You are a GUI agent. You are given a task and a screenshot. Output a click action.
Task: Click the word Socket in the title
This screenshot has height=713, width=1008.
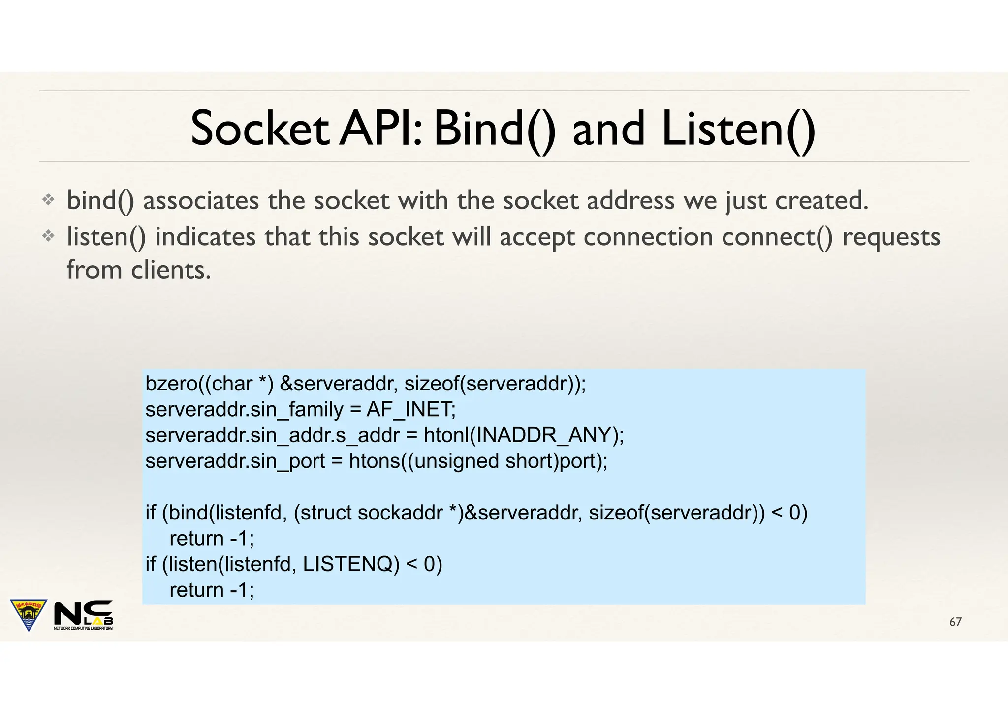(x=259, y=129)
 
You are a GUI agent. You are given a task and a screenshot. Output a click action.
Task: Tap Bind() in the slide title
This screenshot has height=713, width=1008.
(x=495, y=129)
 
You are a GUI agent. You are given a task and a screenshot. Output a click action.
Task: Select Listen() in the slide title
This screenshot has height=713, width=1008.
(x=738, y=129)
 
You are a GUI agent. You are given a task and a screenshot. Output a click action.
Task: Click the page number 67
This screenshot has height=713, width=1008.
(x=955, y=622)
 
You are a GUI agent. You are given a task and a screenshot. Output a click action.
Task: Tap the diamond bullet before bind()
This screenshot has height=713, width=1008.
(x=48, y=200)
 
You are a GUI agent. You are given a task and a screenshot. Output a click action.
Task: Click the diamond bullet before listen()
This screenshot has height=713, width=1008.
(x=48, y=236)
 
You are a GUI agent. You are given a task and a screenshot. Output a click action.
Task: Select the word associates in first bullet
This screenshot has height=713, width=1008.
(x=201, y=201)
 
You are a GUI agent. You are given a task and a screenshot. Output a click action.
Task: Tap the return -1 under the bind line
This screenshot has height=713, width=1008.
(x=212, y=539)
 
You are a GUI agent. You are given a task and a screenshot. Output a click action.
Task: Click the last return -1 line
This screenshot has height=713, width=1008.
(x=212, y=590)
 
